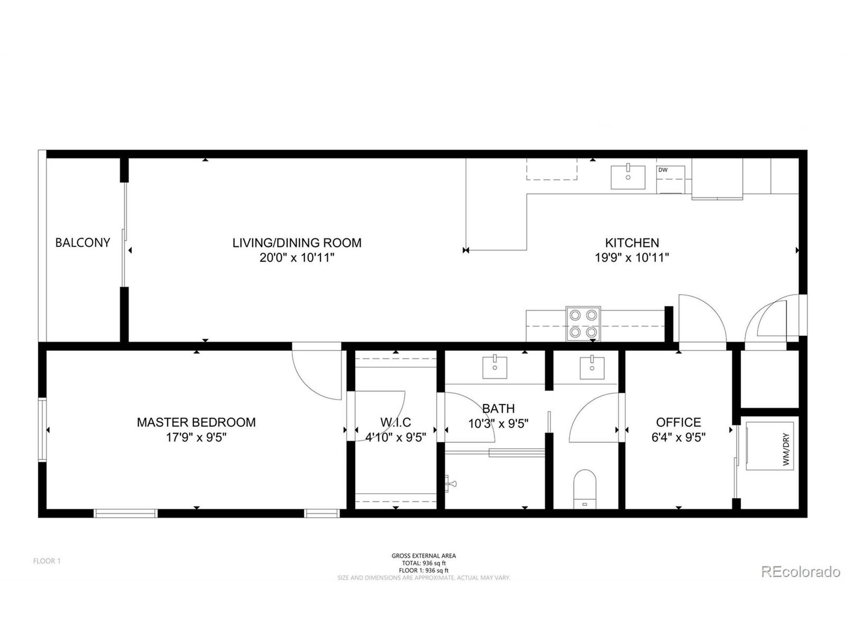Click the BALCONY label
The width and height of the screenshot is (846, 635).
pyautogui.click(x=83, y=243)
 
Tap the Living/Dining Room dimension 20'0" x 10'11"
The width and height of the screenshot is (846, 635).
pyautogui.click(x=297, y=258)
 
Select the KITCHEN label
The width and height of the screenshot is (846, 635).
pyautogui.click(x=632, y=243)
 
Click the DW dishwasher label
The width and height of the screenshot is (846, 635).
pyautogui.click(x=663, y=170)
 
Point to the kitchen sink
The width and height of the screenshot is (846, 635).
pyautogui.click(x=628, y=177)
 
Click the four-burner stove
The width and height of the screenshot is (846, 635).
pyautogui.click(x=583, y=324)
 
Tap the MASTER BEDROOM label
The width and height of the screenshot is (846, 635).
pyautogui.click(x=196, y=422)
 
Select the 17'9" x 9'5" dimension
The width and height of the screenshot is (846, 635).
pyautogui.click(x=196, y=437)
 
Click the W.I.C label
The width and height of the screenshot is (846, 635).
pyautogui.click(x=396, y=422)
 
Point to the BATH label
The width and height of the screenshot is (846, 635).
pyautogui.click(x=498, y=408)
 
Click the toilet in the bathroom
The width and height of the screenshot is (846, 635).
pyautogui.click(x=585, y=489)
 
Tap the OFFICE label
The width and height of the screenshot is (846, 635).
pyautogui.click(x=678, y=422)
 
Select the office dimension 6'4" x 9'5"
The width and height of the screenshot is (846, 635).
pyautogui.click(x=678, y=437)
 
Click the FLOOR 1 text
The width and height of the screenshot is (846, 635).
pyautogui.click(x=47, y=561)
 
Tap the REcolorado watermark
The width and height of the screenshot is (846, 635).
pyautogui.click(x=800, y=572)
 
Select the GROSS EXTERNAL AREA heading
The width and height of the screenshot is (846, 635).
pyautogui.click(x=423, y=556)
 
